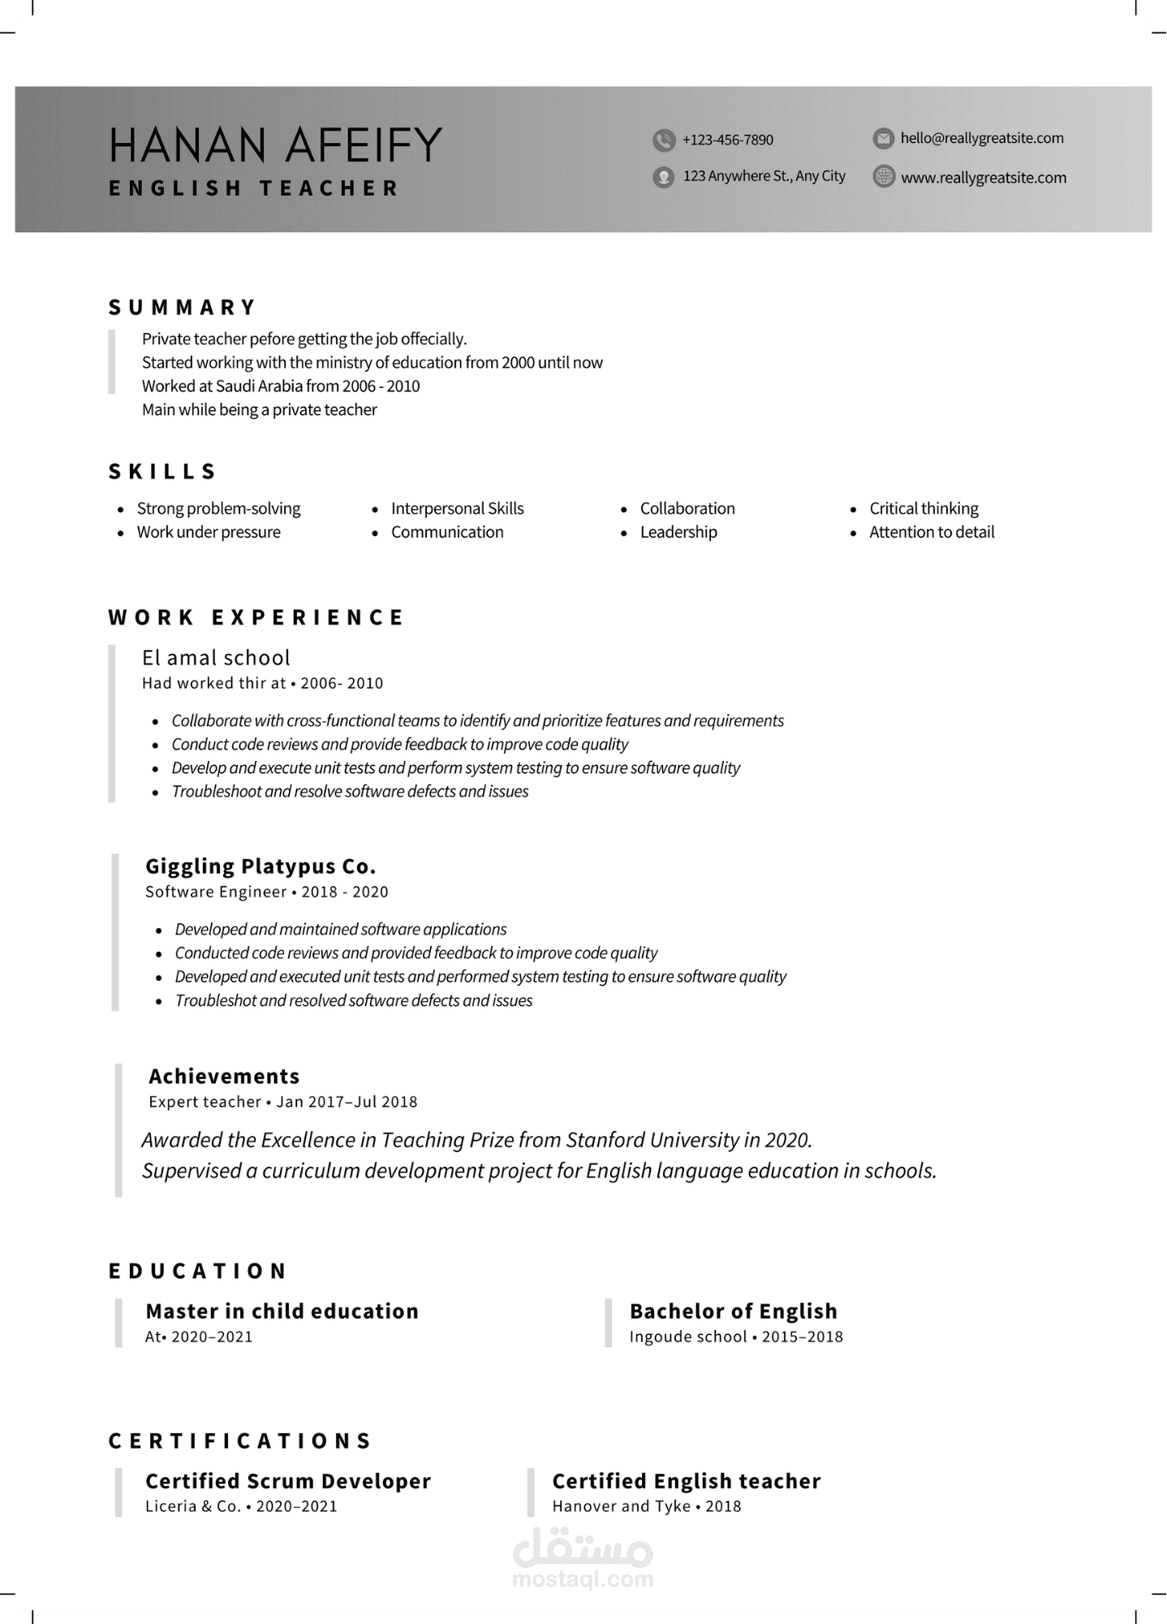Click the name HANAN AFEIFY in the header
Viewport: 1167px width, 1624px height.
coord(275,145)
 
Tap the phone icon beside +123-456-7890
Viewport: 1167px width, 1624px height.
coord(664,140)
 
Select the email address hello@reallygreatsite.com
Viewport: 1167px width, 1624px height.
coord(981,138)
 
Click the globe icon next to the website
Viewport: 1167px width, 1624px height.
coord(884,176)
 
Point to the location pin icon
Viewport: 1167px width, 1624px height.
coord(664,176)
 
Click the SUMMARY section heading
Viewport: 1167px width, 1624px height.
coord(183,308)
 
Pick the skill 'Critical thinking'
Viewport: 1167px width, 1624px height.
coord(924,508)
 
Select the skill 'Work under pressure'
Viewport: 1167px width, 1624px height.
coord(209,532)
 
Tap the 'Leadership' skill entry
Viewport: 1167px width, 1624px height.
coord(678,532)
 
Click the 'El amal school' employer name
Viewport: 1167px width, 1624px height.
coord(216,658)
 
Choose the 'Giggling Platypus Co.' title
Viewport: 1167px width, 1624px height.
coord(261,866)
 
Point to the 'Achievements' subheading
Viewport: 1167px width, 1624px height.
coord(224,1076)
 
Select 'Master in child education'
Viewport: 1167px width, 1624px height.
coord(282,1311)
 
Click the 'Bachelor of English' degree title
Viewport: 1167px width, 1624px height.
coord(733,1311)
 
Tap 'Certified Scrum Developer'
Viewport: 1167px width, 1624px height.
coord(288,1481)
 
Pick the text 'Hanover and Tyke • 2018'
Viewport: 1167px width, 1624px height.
coord(647,1506)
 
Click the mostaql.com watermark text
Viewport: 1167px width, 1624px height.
coord(583,1579)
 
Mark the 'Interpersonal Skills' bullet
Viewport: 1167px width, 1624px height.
coord(457,508)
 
